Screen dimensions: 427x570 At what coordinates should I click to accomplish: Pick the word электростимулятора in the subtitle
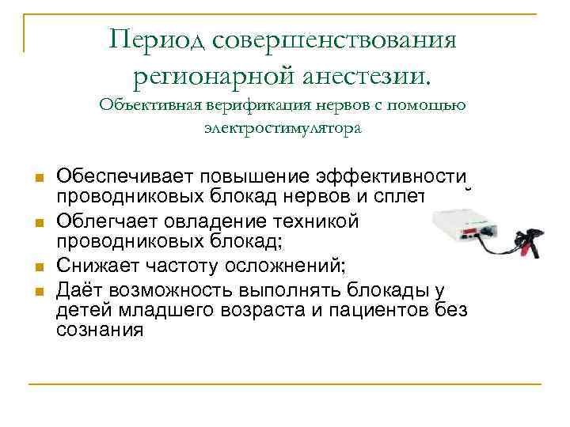[283, 128]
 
